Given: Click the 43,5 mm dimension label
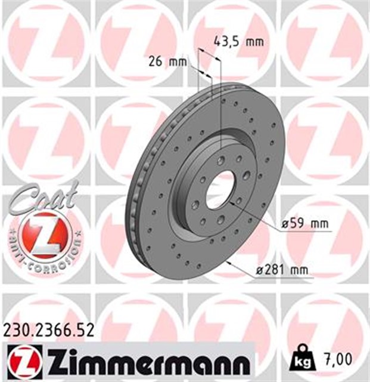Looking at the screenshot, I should [x=238, y=42].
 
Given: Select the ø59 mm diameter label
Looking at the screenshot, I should [x=305, y=224].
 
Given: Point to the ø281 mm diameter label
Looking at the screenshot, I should [x=284, y=270].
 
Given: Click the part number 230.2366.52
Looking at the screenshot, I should [x=48, y=329].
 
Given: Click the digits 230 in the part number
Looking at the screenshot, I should [x=15, y=329].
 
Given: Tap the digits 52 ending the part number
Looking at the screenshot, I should [x=85, y=329].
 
